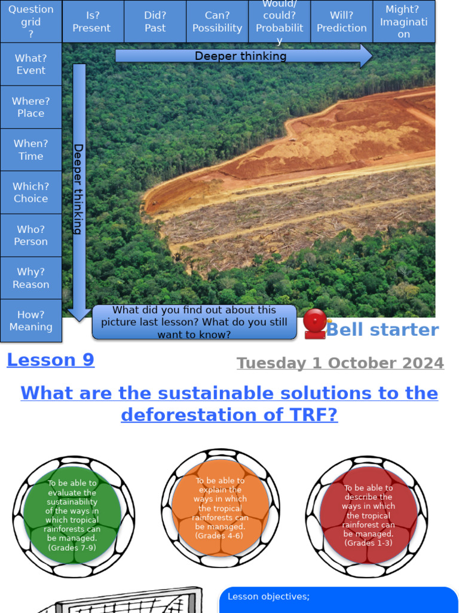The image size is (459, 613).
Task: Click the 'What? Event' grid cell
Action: (31, 64)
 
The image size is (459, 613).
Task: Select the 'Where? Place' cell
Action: (31, 107)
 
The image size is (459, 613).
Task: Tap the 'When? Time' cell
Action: (31, 150)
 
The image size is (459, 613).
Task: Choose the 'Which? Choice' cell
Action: (31, 193)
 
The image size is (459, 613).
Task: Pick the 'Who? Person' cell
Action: (31, 235)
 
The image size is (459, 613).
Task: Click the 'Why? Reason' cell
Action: (31, 278)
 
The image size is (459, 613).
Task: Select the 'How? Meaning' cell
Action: (31, 321)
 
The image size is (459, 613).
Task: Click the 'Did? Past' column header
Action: (155, 22)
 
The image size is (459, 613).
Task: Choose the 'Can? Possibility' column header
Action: (218, 22)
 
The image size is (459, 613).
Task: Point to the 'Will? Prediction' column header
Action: (342, 22)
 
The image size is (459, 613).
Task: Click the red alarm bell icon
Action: (314, 324)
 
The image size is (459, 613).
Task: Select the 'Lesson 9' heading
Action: (51, 360)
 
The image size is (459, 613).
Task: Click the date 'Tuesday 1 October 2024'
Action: (340, 363)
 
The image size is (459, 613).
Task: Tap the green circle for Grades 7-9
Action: (72, 515)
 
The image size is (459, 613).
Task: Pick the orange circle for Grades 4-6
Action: (220, 508)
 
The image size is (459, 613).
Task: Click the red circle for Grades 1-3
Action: (368, 515)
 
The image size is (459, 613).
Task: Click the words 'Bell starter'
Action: (382, 330)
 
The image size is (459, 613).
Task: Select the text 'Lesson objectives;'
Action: (269, 597)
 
